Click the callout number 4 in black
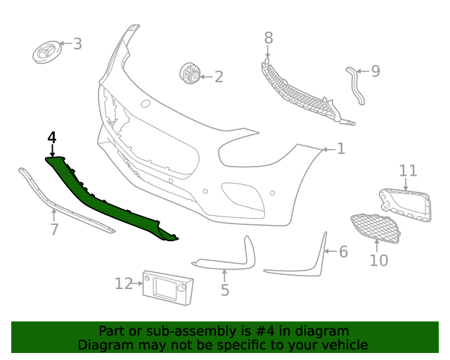pos(51,137)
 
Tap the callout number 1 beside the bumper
pos(341,148)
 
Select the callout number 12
pos(123,283)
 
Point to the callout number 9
pos(375,71)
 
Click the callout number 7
pos(54,229)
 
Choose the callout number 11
pos(408,171)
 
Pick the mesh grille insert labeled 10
pos(376,229)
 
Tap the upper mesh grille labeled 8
pos(302,96)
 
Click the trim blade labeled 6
pos(309,260)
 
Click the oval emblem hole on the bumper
pos(146,103)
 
